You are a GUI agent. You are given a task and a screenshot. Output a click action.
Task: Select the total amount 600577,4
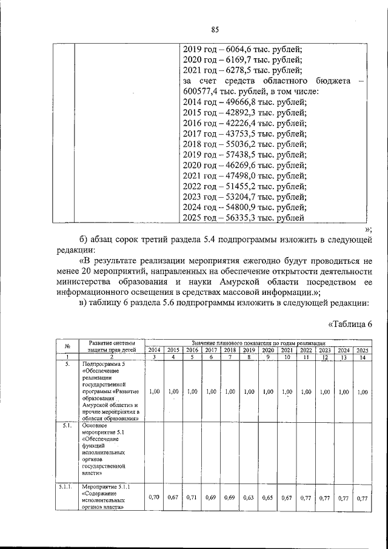tap(204, 92)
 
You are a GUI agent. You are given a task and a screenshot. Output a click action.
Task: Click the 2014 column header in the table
tap(155, 350)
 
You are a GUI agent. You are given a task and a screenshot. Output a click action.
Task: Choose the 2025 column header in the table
tap(363, 350)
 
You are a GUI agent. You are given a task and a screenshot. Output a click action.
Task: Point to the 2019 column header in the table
tap(249, 350)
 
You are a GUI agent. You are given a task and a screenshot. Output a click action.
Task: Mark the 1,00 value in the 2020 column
tap(268, 392)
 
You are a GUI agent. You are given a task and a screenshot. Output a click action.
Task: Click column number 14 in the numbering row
tap(363, 357)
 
